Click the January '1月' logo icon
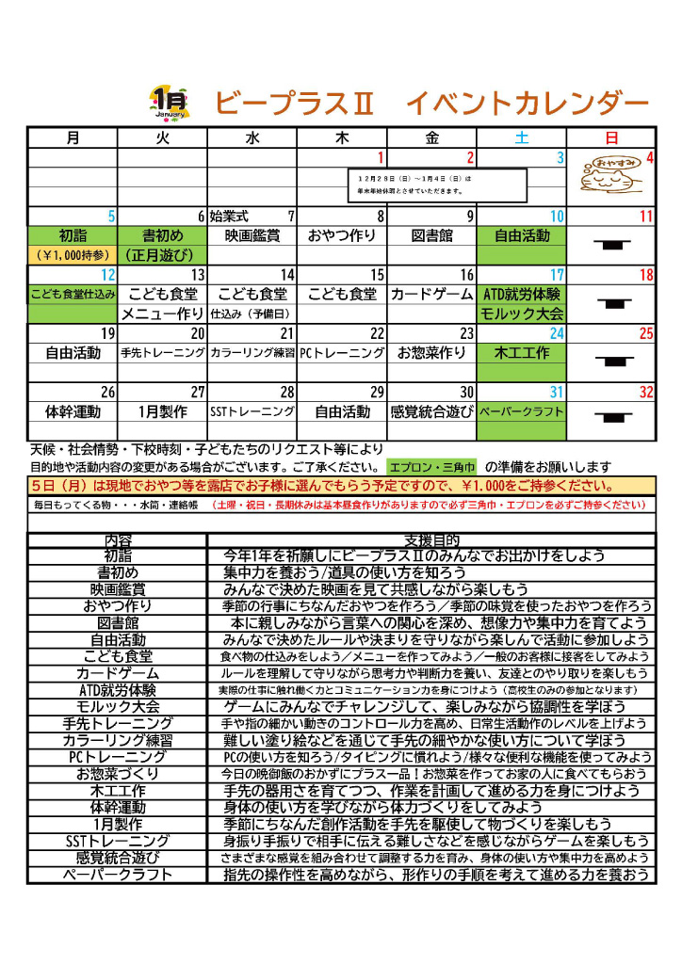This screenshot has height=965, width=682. click(x=170, y=102)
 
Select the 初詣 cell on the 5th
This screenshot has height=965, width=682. click(x=73, y=236)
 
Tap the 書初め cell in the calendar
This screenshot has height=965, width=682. click(x=162, y=236)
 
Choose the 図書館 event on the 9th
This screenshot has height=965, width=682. click(x=431, y=236)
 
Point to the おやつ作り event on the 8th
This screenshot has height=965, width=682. click(x=342, y=236)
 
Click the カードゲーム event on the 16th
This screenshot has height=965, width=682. click(x=431, y=294)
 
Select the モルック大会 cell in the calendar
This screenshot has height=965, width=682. click(x=522, y=314)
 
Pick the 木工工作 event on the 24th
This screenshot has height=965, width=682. click(x=522, y=353)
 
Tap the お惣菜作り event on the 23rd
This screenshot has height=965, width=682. click(x=431, y=353)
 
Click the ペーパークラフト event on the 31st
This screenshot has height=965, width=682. click(x=522, y=411)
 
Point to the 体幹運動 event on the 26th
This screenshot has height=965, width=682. click(x=73, y=411)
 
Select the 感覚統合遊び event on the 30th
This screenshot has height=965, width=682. click(x=431, y=411)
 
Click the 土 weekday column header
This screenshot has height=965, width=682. click(x=522, y=137)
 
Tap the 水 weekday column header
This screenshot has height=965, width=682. click(x=252, y=137)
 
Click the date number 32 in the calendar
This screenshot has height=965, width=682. click(x=645, y=392)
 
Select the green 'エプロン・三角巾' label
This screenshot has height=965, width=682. click(x=431, y=467)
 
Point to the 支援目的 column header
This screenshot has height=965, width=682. click(x=430, y=540)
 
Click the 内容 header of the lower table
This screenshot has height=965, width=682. click(x=117, y=540)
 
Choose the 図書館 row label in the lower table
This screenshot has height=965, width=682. click(x=117, y=622)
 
